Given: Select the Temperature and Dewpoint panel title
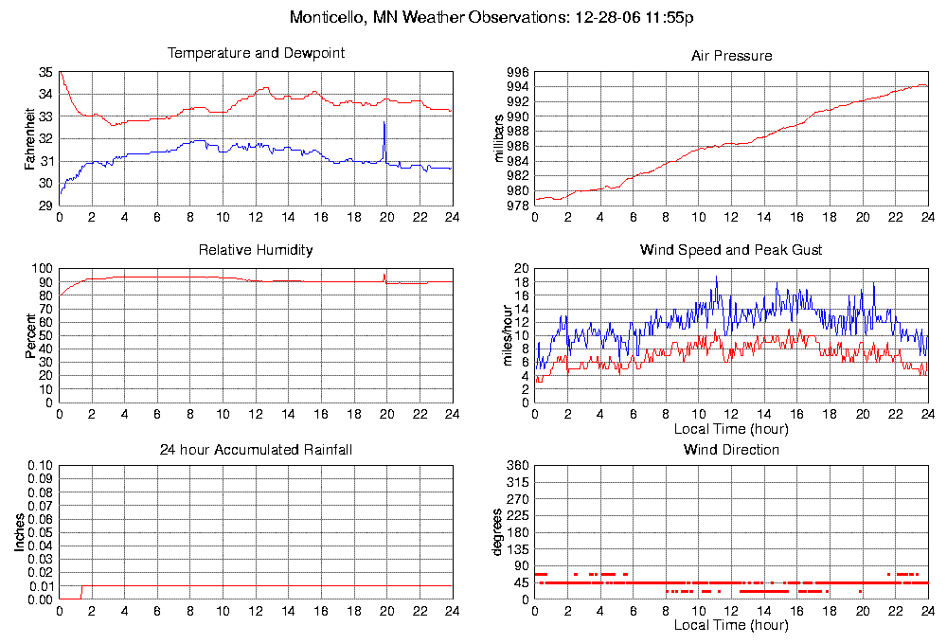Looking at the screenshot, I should (256, 53).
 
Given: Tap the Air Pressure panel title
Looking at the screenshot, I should (731, 56).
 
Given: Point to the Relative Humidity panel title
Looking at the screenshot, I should (256, 250).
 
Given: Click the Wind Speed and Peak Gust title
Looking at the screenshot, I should (731, 250).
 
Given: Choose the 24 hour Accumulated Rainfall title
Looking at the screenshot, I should (256, 449).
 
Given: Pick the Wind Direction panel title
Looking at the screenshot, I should (731, 449).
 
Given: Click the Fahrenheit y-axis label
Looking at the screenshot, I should (30, 139).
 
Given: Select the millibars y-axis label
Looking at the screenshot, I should (499, 139).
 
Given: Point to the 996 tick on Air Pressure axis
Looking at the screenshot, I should (518, 73).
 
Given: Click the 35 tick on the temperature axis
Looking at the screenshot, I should (46, 73).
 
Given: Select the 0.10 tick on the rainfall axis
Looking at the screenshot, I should (42, 466).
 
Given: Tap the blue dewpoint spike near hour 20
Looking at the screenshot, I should (384, 124).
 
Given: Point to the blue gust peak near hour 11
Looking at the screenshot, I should (717, 277).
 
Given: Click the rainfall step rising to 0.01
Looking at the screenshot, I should (82, 591).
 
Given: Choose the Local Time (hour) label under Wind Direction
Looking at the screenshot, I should (731, 626).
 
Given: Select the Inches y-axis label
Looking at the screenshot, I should (19, 532).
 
